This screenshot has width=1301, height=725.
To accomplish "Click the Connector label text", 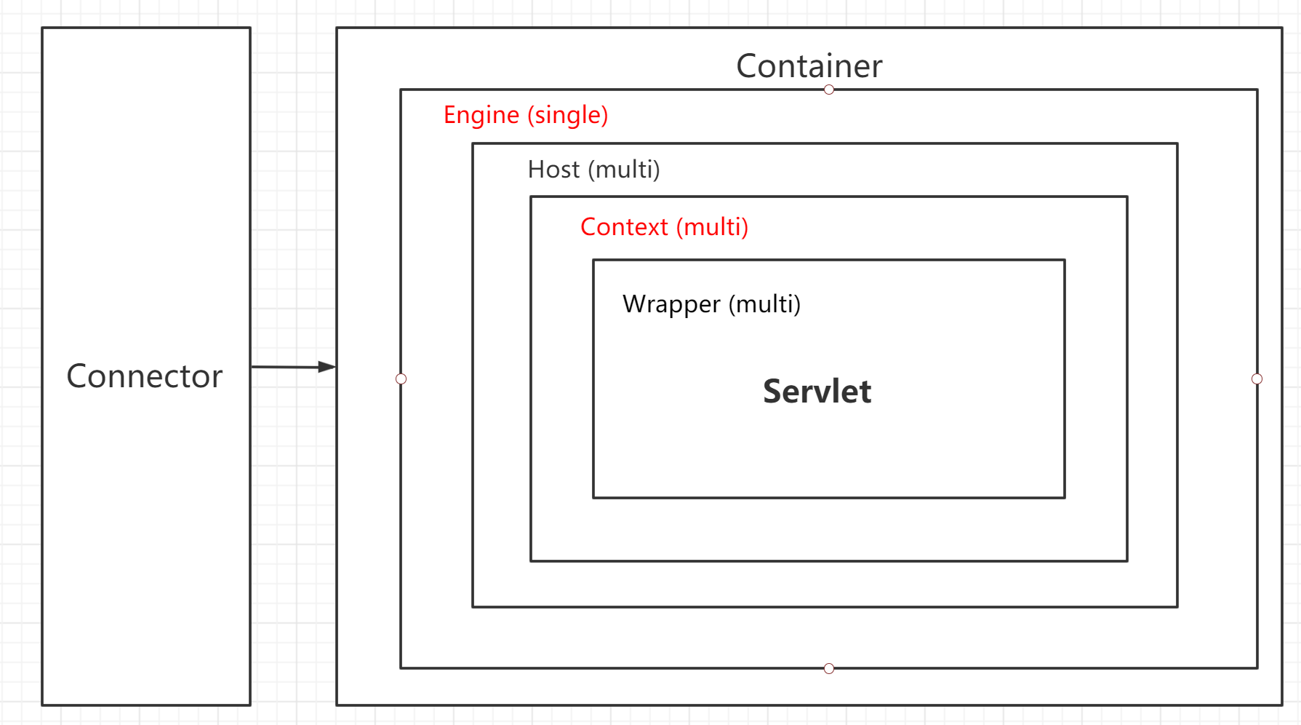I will coord(144,376).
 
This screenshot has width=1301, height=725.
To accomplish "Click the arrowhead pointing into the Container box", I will coord(327,367).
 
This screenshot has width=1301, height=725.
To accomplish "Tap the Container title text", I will coord(809,66).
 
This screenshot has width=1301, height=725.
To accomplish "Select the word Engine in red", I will coord(481,115).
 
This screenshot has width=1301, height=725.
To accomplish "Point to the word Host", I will coord(553,170).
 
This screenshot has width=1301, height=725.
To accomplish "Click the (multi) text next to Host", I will coord(624,170).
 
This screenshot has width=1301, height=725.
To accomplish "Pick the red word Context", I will coord(624,227).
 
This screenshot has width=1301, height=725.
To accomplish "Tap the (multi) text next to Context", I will coord(712,227).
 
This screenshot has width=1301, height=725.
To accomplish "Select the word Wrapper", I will coord(671,304).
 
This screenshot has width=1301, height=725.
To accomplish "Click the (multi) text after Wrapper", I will coord(764,304).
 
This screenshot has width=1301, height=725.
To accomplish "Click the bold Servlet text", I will coord(817,392).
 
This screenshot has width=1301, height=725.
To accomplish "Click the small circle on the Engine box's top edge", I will coord(829,90).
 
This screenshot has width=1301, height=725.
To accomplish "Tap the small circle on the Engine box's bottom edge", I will coord(829,668).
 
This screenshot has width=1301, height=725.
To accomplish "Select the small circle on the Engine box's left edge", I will coord(401,379).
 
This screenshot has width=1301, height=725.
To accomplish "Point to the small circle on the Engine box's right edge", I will coord(1257,379).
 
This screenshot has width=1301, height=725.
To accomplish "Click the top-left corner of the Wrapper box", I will coord(593,260).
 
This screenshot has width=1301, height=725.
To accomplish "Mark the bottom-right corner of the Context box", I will coord(1127,560).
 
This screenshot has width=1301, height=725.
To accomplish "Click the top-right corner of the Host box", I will coord(1177,144).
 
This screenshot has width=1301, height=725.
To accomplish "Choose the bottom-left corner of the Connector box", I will coord(43,705).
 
